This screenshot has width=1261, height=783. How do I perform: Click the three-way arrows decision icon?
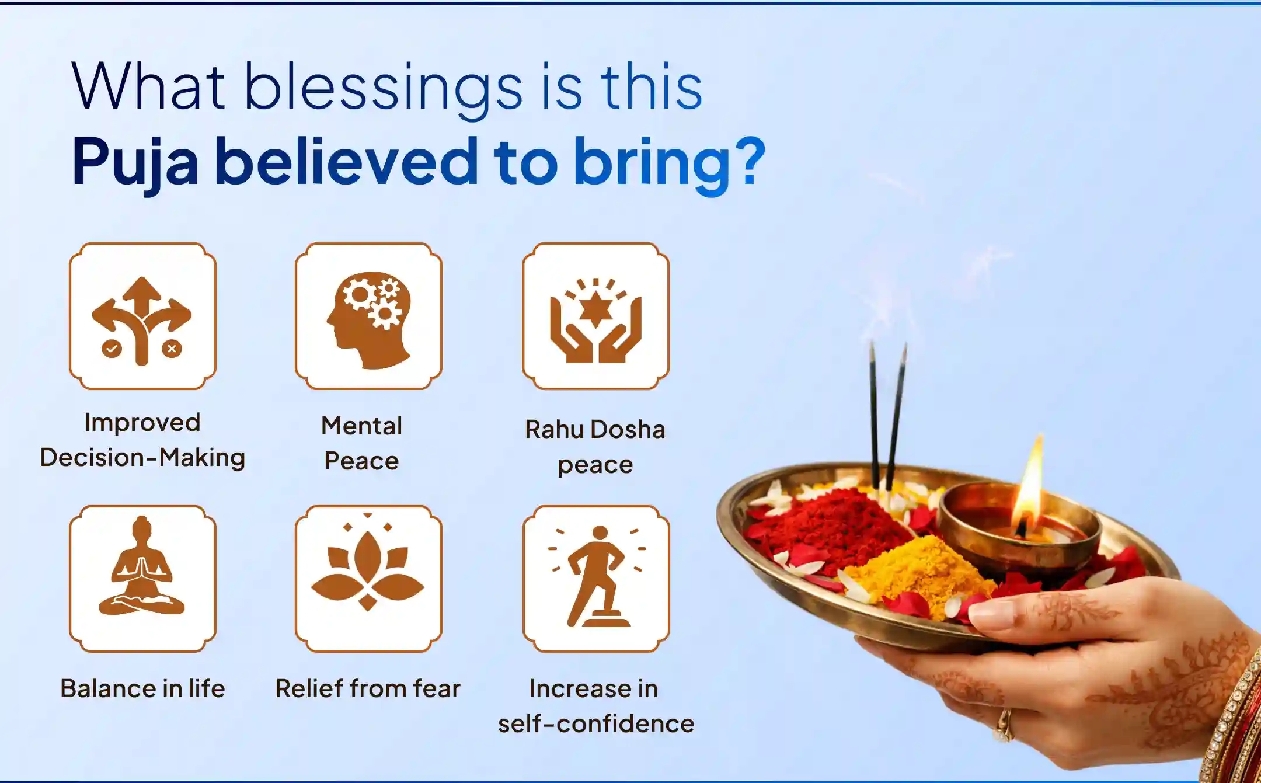pyautogui.click(x=142, y=318)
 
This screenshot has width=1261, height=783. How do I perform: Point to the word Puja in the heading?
pyautogui.click(x=135, y=162)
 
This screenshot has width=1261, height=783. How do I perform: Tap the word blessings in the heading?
pyautogui.click(x=382, y=88)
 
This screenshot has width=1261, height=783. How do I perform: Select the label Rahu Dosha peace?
pyautogui.click(x=595, y=447)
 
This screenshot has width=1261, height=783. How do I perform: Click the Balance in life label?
pyautogui.click(x=142, y=689)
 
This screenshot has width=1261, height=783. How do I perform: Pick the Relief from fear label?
pyautogui.click(x=368, y=689)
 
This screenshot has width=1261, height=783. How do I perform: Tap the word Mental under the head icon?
pyautogui.click(x=361, y=426)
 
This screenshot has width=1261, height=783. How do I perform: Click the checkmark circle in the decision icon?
pyautogui.click(x=111, y=349)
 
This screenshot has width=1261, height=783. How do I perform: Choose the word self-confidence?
pyautogui.click(x=596, y=724)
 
